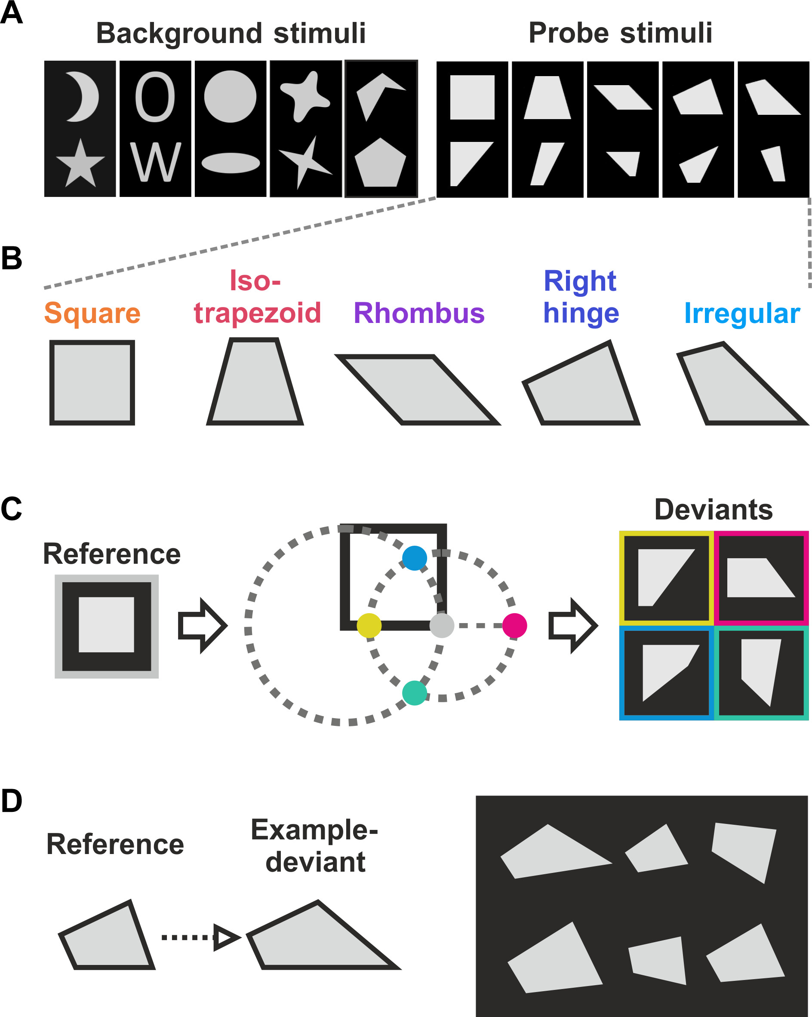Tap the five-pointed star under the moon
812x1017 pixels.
[80, 165]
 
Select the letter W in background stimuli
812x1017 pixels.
[155, 162]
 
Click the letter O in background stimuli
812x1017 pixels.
[155, 97]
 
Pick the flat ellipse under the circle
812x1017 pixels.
[231, 163]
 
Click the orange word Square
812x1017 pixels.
[92, 313]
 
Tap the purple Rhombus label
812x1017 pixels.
[419, 313]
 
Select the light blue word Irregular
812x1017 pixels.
[742, 313]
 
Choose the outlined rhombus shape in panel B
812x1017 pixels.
[418, 390]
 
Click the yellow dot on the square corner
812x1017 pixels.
[369, 626]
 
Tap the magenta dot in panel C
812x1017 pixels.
[514, 626]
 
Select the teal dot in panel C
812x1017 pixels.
[414, 693]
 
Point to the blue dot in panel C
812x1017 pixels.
[414, 558]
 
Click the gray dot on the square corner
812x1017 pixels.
[442, 626]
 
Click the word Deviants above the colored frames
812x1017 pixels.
[714, 510]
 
